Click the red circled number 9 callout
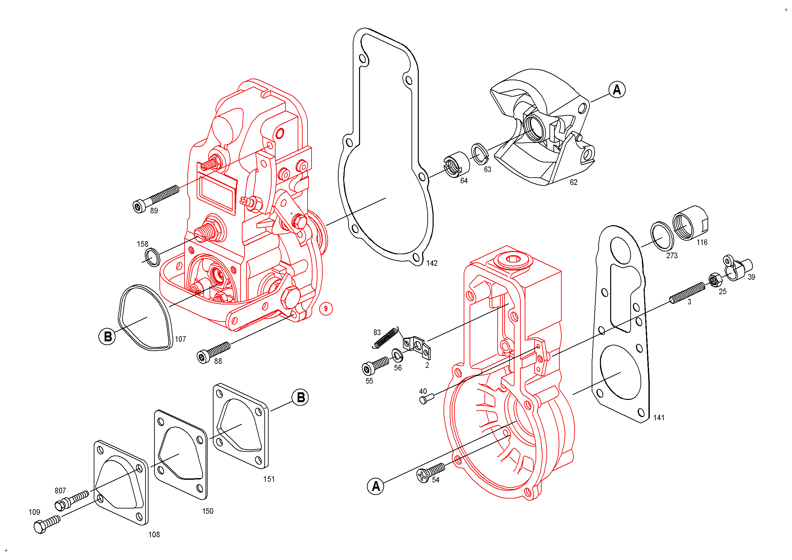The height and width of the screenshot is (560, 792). pos(326,308)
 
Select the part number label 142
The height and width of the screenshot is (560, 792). pos(432,263)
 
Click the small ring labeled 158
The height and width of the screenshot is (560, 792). pos(152,257)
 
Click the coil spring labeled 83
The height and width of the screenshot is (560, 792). pos(386,337)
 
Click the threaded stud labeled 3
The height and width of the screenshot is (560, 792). pos(687,293)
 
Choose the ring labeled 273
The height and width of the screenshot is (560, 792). pos(662,237)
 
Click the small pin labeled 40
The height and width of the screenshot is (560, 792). pos(426,399)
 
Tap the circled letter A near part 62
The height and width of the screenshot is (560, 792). pos(617,90)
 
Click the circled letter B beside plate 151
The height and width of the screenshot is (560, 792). pos(300,398)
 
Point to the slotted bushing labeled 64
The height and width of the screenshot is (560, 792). pos(456,164)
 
